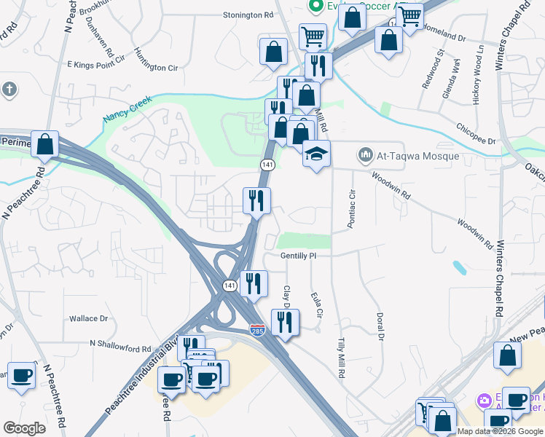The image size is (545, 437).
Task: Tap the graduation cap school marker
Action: [316, 154]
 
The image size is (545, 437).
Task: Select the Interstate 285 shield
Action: [257, 329]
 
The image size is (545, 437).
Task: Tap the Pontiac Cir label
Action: [351, 210]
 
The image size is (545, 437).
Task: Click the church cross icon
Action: [9, 90]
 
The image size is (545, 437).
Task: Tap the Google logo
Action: [24, 428]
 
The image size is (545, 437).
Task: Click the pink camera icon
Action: [483, 401]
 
